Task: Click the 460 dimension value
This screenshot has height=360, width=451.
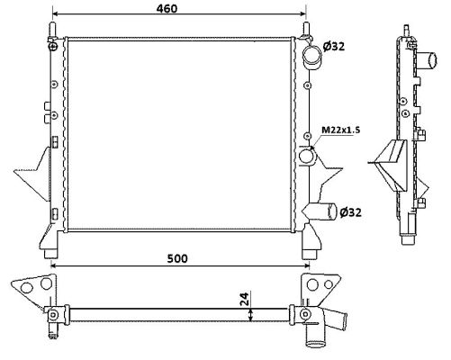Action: tap(167, 8)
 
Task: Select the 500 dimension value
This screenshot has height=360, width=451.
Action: tap(177, 258)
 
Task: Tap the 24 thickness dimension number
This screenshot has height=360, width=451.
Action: tap(245, 299)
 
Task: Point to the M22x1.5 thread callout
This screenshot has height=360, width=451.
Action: tap(341, 130)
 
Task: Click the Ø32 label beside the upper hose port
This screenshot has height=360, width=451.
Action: tap(334, 46)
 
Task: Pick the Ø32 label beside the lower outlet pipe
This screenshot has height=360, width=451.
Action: tap(350, 212)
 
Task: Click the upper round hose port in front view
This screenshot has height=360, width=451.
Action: tap(312, 56)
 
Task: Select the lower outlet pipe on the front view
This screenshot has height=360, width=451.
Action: tap(320, 211)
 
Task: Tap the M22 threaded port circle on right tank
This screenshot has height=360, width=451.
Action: tap(306, 156)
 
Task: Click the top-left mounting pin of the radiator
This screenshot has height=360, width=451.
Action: tap(53, 31)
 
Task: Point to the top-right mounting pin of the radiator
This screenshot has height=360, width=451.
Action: tap(306, 30)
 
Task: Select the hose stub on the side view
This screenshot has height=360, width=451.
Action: tap(427, 60)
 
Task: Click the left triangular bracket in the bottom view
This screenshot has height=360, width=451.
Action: tap(34, 288)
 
